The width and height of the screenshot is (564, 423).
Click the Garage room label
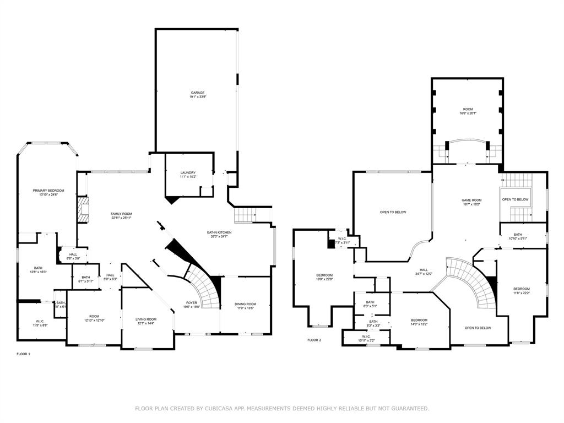[x=198, y=93]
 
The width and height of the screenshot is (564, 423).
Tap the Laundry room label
[x=187, y=173]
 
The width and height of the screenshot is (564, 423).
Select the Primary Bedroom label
[x=48, y=191]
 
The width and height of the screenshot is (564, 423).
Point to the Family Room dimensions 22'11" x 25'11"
[x=121, y=218]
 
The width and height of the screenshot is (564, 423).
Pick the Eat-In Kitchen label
[x=219, y=232]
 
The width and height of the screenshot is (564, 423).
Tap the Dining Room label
[x=245, y=304]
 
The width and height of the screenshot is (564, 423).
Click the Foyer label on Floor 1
[x=191, y=302]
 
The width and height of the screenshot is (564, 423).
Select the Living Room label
[x=147, y=319]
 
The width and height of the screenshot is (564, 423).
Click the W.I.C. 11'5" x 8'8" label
[x=40, y=322]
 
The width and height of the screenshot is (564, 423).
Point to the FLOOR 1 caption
[x=24, y=354]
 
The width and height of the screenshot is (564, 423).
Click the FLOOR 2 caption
[x=314, y=340]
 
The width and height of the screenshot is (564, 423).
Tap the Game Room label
[x=471, y=200]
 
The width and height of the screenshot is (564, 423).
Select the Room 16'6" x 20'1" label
[x=468, y=110]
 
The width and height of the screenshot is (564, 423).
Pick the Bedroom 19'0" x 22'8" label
[x=324, y=275]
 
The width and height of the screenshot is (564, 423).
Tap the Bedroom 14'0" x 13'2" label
[x=419, y=320]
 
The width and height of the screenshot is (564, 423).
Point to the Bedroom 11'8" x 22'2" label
[x=521, y=289]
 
